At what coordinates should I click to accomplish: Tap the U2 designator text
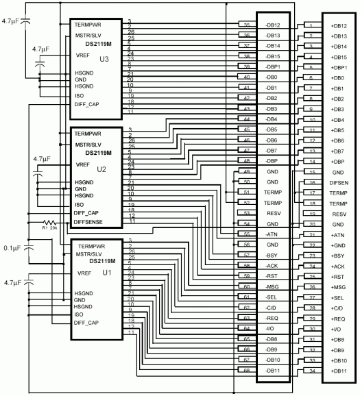(101, 168)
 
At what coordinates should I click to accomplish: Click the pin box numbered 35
(245, 25)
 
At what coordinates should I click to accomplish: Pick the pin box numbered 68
(245, 371)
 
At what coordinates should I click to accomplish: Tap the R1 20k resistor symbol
(49, 223)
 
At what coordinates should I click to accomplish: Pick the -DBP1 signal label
(274, 67)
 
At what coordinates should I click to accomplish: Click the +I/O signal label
(336, 330)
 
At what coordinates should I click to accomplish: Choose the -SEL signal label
(273, 298)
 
